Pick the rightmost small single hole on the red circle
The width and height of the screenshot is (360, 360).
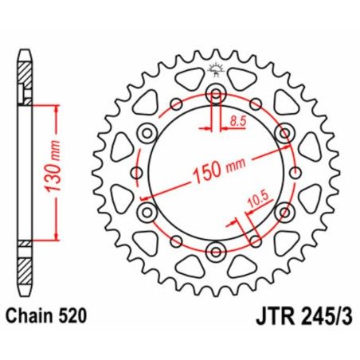[296, 173]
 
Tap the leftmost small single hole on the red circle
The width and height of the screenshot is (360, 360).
[136, 173]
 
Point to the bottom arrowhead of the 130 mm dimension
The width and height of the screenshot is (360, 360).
[57, 237]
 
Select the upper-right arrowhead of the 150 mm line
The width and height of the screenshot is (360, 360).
[288, 148]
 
